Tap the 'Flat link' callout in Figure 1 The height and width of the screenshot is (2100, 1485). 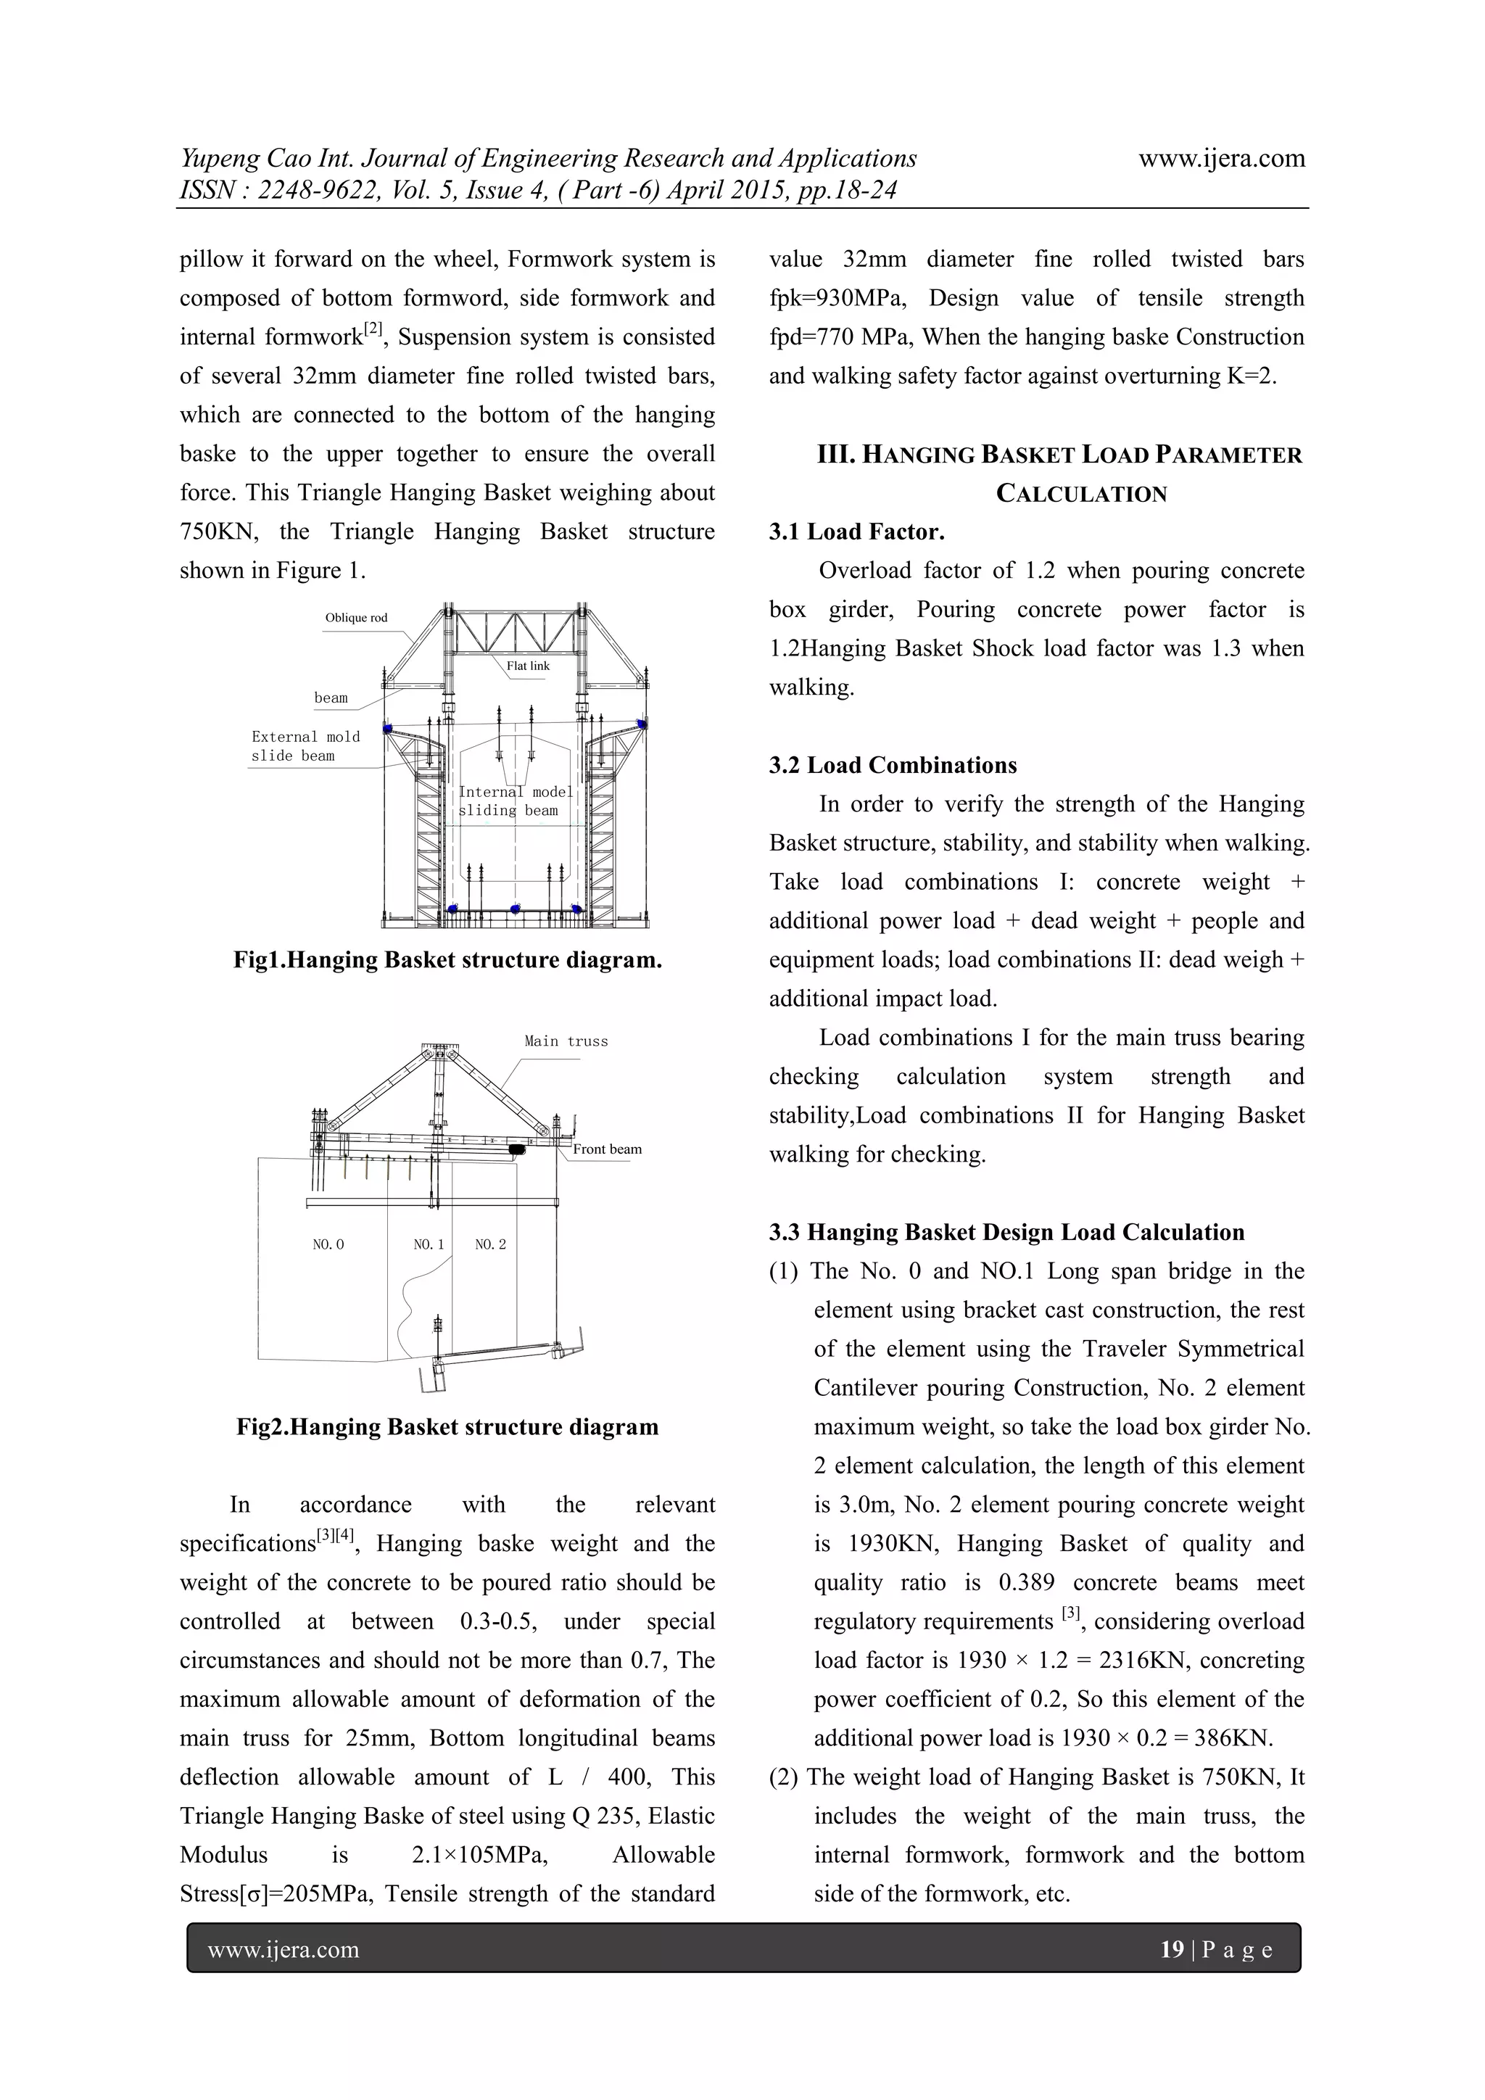528,666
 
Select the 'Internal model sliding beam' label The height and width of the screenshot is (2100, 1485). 515,801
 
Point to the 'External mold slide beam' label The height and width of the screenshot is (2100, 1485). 305,746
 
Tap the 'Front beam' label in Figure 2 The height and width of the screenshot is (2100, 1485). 607,1149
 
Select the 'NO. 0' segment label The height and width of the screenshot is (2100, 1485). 328,1245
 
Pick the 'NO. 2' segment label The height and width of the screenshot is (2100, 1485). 490,1245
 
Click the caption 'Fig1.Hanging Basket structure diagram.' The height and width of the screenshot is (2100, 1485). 447,960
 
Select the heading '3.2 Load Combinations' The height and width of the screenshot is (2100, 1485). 893,766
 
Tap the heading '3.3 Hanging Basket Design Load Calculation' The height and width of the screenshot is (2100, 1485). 1006,1232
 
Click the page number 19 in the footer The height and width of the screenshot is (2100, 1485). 1171,1949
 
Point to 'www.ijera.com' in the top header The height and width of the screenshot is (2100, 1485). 1221,159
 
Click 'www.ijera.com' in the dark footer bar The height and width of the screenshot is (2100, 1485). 284,1950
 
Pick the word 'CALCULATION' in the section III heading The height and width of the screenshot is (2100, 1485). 1081,494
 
